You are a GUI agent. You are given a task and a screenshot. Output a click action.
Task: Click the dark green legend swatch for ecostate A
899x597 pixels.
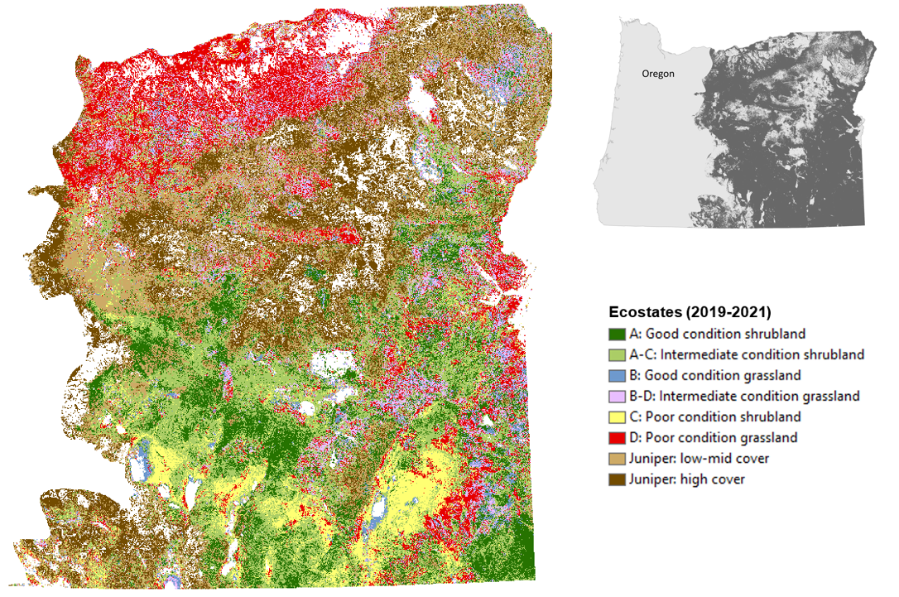(x=617, y=335)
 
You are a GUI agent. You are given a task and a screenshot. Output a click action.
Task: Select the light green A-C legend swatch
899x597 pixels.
(x=617, y=355)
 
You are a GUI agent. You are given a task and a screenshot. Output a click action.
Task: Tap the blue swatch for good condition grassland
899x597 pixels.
(x=617, y=376)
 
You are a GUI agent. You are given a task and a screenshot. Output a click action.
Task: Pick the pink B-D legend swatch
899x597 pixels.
(x=617, y=397)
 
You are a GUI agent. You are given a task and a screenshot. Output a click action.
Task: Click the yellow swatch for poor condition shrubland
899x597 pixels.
(x=617, y=417)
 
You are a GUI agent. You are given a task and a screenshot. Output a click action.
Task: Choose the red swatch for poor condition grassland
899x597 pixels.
(x=617, y=438)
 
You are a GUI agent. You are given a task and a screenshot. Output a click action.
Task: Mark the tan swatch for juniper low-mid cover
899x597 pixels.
(x=617, y=459)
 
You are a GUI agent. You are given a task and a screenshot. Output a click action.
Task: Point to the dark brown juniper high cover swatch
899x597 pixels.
(x=617, y=479)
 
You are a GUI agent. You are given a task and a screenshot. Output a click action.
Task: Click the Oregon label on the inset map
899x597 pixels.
(x=658, y=74)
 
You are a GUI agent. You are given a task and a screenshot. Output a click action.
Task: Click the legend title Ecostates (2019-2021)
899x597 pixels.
(x=690, y=312)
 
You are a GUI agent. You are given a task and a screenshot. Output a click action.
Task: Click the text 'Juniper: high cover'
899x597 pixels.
(x=687, y=479)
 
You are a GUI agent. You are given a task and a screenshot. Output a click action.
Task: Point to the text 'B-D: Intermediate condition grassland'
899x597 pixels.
(x=744, y=397)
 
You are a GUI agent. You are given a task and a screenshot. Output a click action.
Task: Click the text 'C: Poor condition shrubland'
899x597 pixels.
(x=714, y=417)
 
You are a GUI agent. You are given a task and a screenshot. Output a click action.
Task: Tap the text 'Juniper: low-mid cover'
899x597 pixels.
(x=699, y=459)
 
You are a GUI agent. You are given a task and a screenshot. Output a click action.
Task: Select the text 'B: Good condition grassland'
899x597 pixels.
(x=714, y=376)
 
